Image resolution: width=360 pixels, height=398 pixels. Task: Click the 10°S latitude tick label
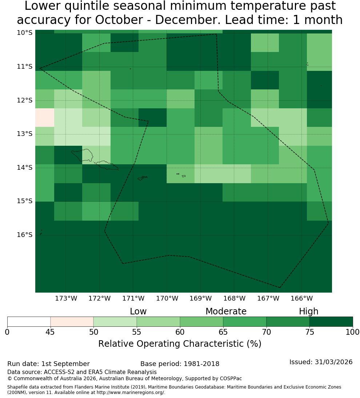pos(25,33)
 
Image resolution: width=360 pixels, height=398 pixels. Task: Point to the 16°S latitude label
pos(25,235)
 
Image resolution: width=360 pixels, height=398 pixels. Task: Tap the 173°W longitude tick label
pos(66,298)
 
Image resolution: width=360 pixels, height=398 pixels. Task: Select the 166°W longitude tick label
pos(301,298)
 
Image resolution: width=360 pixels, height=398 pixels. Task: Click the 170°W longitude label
pos(167,298)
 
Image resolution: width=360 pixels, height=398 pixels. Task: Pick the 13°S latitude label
pos(25,134)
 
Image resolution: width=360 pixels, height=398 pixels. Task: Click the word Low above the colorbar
pos(138,311)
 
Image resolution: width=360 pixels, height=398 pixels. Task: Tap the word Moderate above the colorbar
pos(226,311)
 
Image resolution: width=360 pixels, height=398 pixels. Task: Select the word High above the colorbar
pos(308,312)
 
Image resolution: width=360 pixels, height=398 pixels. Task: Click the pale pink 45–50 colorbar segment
pos(72,322)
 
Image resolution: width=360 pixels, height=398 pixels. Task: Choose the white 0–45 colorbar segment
pos(29,322)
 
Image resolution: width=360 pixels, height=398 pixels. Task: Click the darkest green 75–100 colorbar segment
pos(331,322)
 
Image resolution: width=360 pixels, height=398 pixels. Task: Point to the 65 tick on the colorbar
pos(223,332)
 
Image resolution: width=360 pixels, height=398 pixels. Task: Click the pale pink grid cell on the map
pos(45,117)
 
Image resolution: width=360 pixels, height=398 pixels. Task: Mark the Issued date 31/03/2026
pos(333,362)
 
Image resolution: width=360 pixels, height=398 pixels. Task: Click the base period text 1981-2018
pos(201,364)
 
